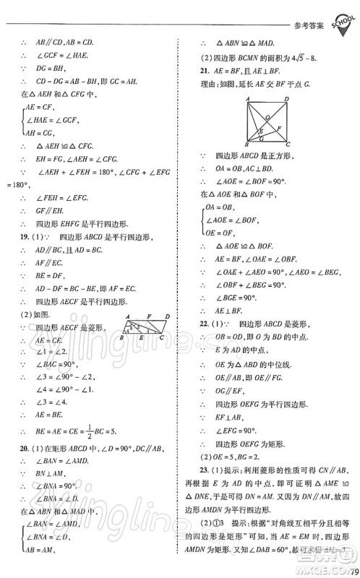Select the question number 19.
[x=25, y=236]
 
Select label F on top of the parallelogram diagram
[x=148, y=296]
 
